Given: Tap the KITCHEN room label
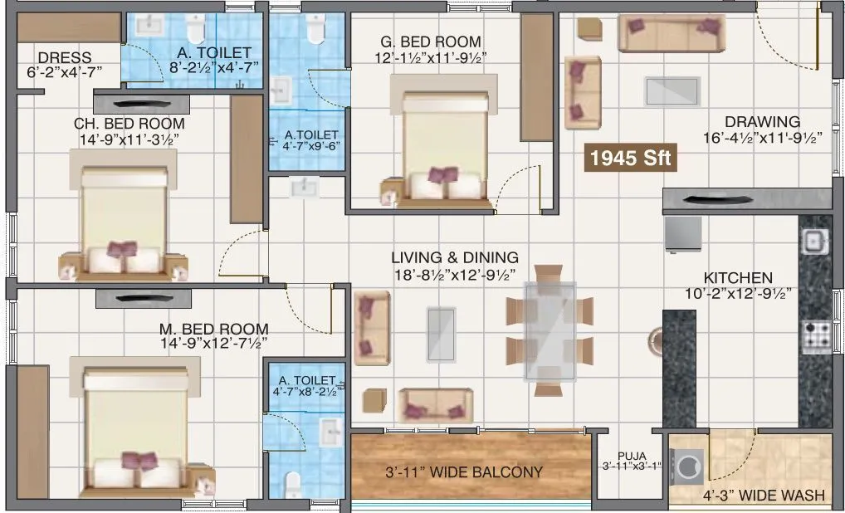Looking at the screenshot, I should click(737, 277).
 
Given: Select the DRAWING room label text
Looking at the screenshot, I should click(761, 121).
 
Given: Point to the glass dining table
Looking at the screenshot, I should click(549, 330).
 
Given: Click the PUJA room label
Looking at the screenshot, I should click(632, 455).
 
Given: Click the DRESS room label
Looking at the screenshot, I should click(65, 57).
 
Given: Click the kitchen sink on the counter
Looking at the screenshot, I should click(813, 242).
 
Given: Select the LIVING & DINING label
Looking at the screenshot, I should click(455, 258).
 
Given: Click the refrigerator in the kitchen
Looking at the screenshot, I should click(682, 233).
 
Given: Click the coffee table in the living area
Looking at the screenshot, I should click(441, 334).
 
